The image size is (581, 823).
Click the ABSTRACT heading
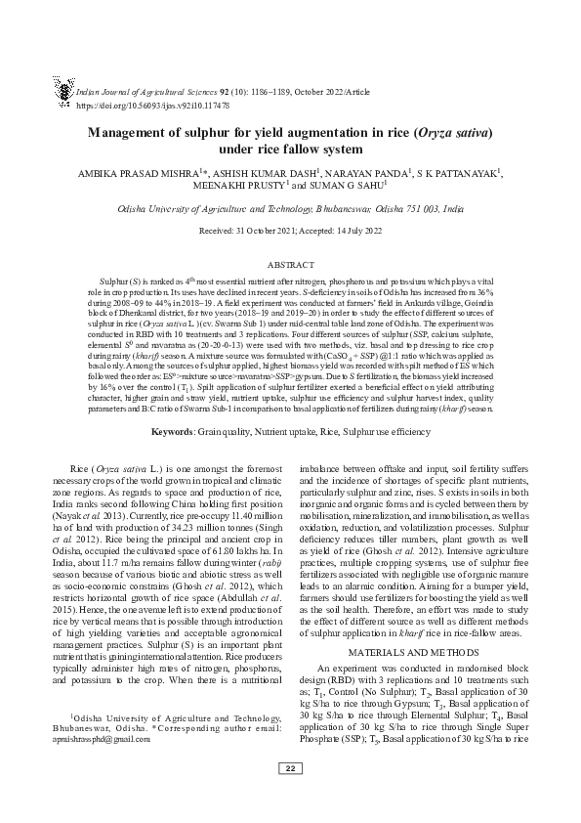290,264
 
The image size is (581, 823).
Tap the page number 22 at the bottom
290,797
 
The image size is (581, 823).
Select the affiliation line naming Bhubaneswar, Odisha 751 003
290,209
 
